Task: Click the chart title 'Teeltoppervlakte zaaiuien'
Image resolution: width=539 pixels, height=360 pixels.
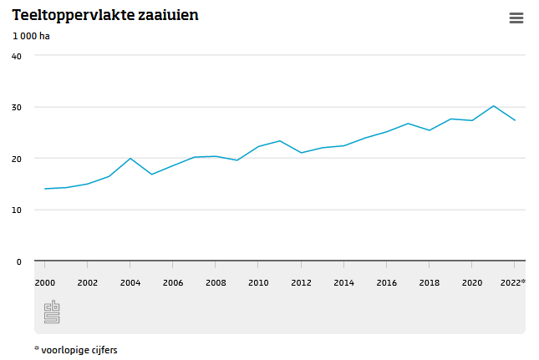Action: coord(105,15)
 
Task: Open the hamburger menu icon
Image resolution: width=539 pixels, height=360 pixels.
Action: coord(516,18)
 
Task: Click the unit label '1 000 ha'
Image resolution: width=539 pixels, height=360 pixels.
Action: coord(32,36)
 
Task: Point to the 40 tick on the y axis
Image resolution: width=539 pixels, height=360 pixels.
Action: coord(17,56)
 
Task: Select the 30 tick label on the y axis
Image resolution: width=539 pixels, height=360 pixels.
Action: coord(17,108)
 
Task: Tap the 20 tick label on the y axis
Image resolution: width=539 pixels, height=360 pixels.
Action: coord(17,159)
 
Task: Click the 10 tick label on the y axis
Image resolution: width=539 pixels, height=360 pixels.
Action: coord(17,210)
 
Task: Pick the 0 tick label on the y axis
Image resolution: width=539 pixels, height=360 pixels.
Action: coord(19,262)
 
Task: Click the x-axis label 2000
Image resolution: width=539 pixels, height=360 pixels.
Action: coord(45,283)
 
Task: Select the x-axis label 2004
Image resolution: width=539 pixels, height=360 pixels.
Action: coord(130,283)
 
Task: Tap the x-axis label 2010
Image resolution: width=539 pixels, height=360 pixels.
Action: coord(258,283)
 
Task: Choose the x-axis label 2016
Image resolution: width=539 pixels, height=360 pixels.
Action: coord(386,283)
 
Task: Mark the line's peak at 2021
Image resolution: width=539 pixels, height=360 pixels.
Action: coord(493,106)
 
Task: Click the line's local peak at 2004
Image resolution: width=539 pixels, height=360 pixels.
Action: coord(130,159)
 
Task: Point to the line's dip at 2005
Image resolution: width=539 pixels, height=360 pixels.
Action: coord(151,175)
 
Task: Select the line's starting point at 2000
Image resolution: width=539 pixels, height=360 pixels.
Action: coord(45,189)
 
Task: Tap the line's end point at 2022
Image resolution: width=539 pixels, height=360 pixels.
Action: coord(514,120)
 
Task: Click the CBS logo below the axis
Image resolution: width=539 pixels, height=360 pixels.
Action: coord(52,312)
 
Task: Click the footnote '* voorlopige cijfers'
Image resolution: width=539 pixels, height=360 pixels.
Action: coord(76,350)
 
